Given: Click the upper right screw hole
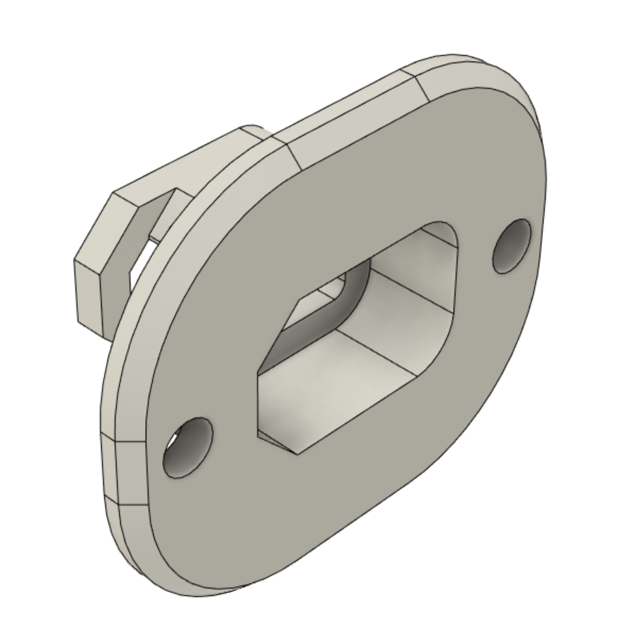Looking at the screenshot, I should pos(512,246).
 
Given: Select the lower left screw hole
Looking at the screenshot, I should pos(187,447).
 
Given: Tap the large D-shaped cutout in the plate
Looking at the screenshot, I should pos(361,333).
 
